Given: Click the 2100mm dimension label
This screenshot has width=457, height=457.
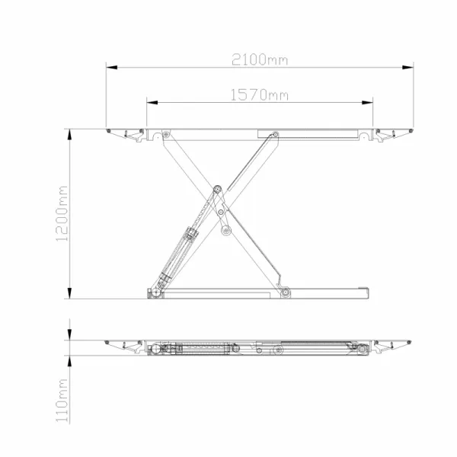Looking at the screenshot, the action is tap(260, 59).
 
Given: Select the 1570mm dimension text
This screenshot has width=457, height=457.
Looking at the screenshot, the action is tap(260, 95).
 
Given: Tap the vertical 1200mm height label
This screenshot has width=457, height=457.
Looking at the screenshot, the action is tap(62, 213).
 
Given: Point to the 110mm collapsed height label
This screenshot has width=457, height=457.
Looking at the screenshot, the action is tap(62, 401).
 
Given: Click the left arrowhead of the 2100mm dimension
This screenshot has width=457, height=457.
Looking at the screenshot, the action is tap(112, 67).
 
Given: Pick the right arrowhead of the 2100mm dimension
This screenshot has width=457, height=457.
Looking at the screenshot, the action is tap(407, 67).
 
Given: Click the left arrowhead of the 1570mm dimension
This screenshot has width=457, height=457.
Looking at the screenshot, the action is tap(152, 103).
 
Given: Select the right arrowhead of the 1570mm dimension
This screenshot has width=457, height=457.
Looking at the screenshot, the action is tap(367, 103).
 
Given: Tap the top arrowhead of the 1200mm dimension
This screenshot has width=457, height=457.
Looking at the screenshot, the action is tap(69, 135).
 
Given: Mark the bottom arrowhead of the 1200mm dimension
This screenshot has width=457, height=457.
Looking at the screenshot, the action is tap(69, 293).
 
